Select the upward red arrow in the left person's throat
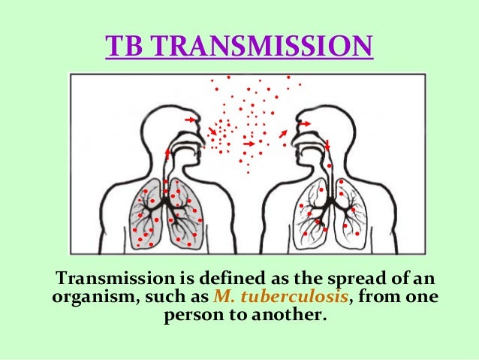(167, 152)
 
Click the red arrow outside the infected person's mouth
(212, 132)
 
